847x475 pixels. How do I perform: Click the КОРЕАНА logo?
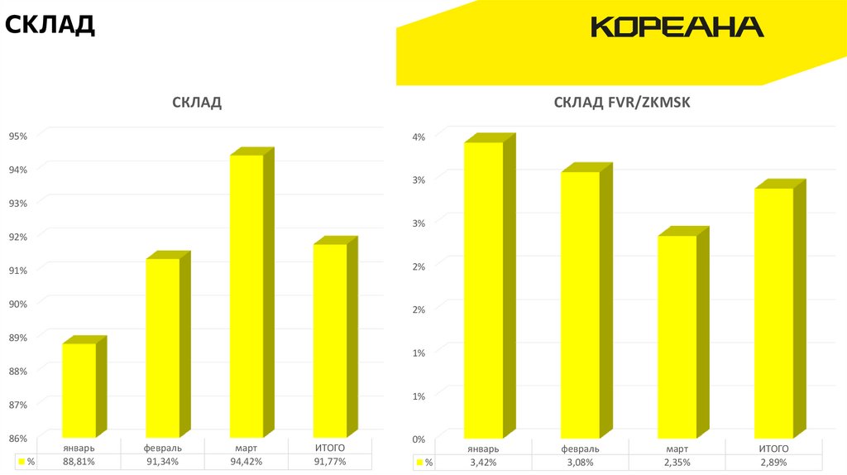click(x=677, y=27)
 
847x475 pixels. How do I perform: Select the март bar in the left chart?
click(x=246, y=295)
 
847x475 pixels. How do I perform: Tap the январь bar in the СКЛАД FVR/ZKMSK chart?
click(x=483, y=290)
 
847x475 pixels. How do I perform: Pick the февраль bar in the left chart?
click(x=163, y=348)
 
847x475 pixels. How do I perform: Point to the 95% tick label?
click(x=18, y=136)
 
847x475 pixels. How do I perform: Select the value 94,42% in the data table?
click(x=246, y=462)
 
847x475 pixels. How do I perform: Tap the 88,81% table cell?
click(x=79, y=462)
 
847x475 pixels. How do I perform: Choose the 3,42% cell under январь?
click(x=483, y=463)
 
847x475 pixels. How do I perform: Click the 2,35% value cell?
click(x=677, y=463)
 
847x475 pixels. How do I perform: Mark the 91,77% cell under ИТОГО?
click(x=330, y=462)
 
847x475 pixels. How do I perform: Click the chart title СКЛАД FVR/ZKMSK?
click(x=621, y=103)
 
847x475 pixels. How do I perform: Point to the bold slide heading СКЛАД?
click(x=50, y=24)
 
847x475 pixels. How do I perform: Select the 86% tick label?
click(x=18, y=438)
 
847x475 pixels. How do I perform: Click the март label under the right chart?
click(x=677, y=449)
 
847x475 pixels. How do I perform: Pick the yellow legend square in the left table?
click(x=20, y=462)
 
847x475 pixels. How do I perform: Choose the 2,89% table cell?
click(x=773, y=463)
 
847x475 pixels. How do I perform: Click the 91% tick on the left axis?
click(x=18, y=270)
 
